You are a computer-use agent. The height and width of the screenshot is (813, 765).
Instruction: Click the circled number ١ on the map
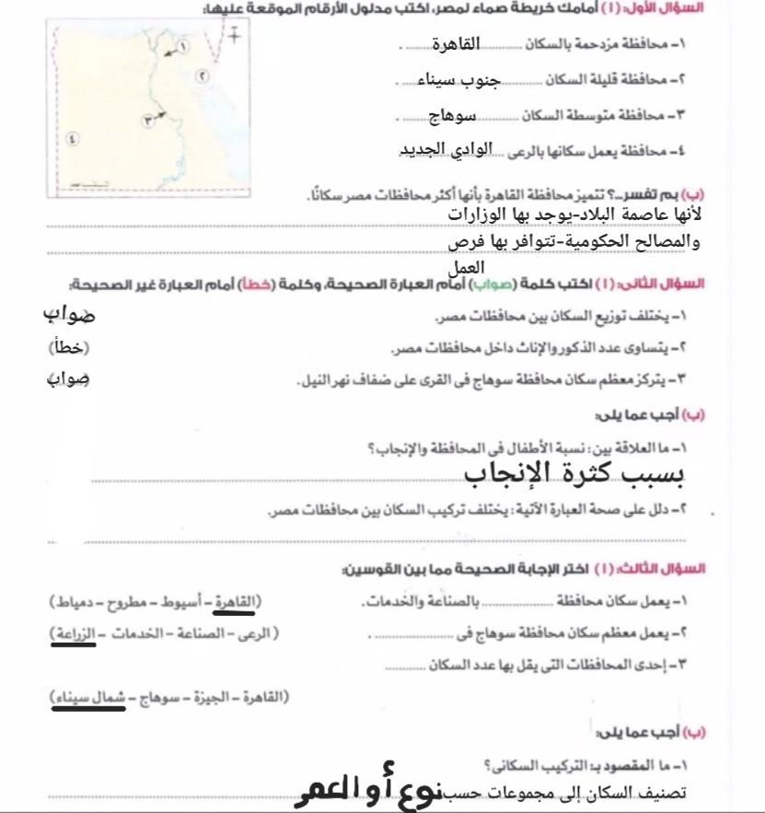(x=182, y=45)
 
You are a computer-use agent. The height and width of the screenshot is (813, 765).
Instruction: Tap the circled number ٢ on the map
(x=203, y=76)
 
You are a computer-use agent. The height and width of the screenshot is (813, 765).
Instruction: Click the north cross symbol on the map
(x=235, y=36)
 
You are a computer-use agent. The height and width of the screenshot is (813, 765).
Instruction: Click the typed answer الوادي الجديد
(x=446, y=149)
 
